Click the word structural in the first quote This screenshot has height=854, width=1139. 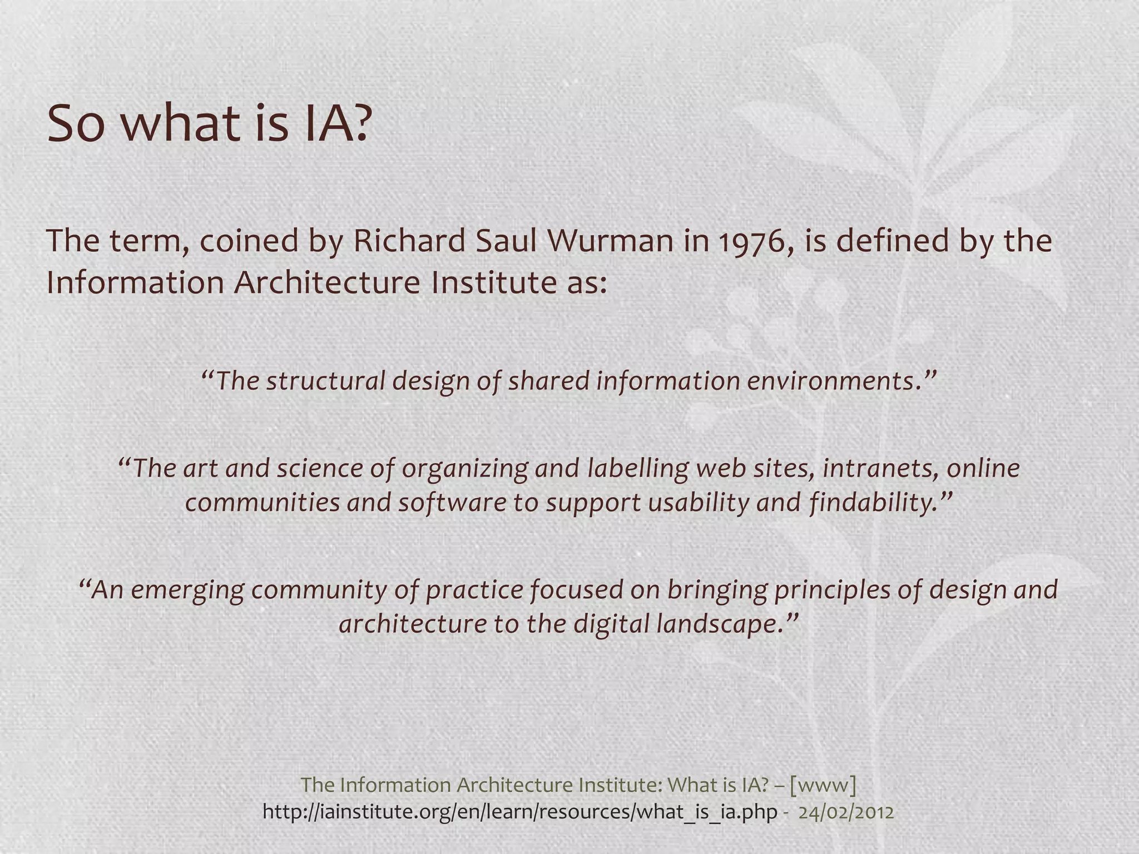[x=326, y=381]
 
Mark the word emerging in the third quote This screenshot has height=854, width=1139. [x=187, y=589]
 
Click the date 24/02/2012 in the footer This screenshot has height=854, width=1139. [x=846, y=812]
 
